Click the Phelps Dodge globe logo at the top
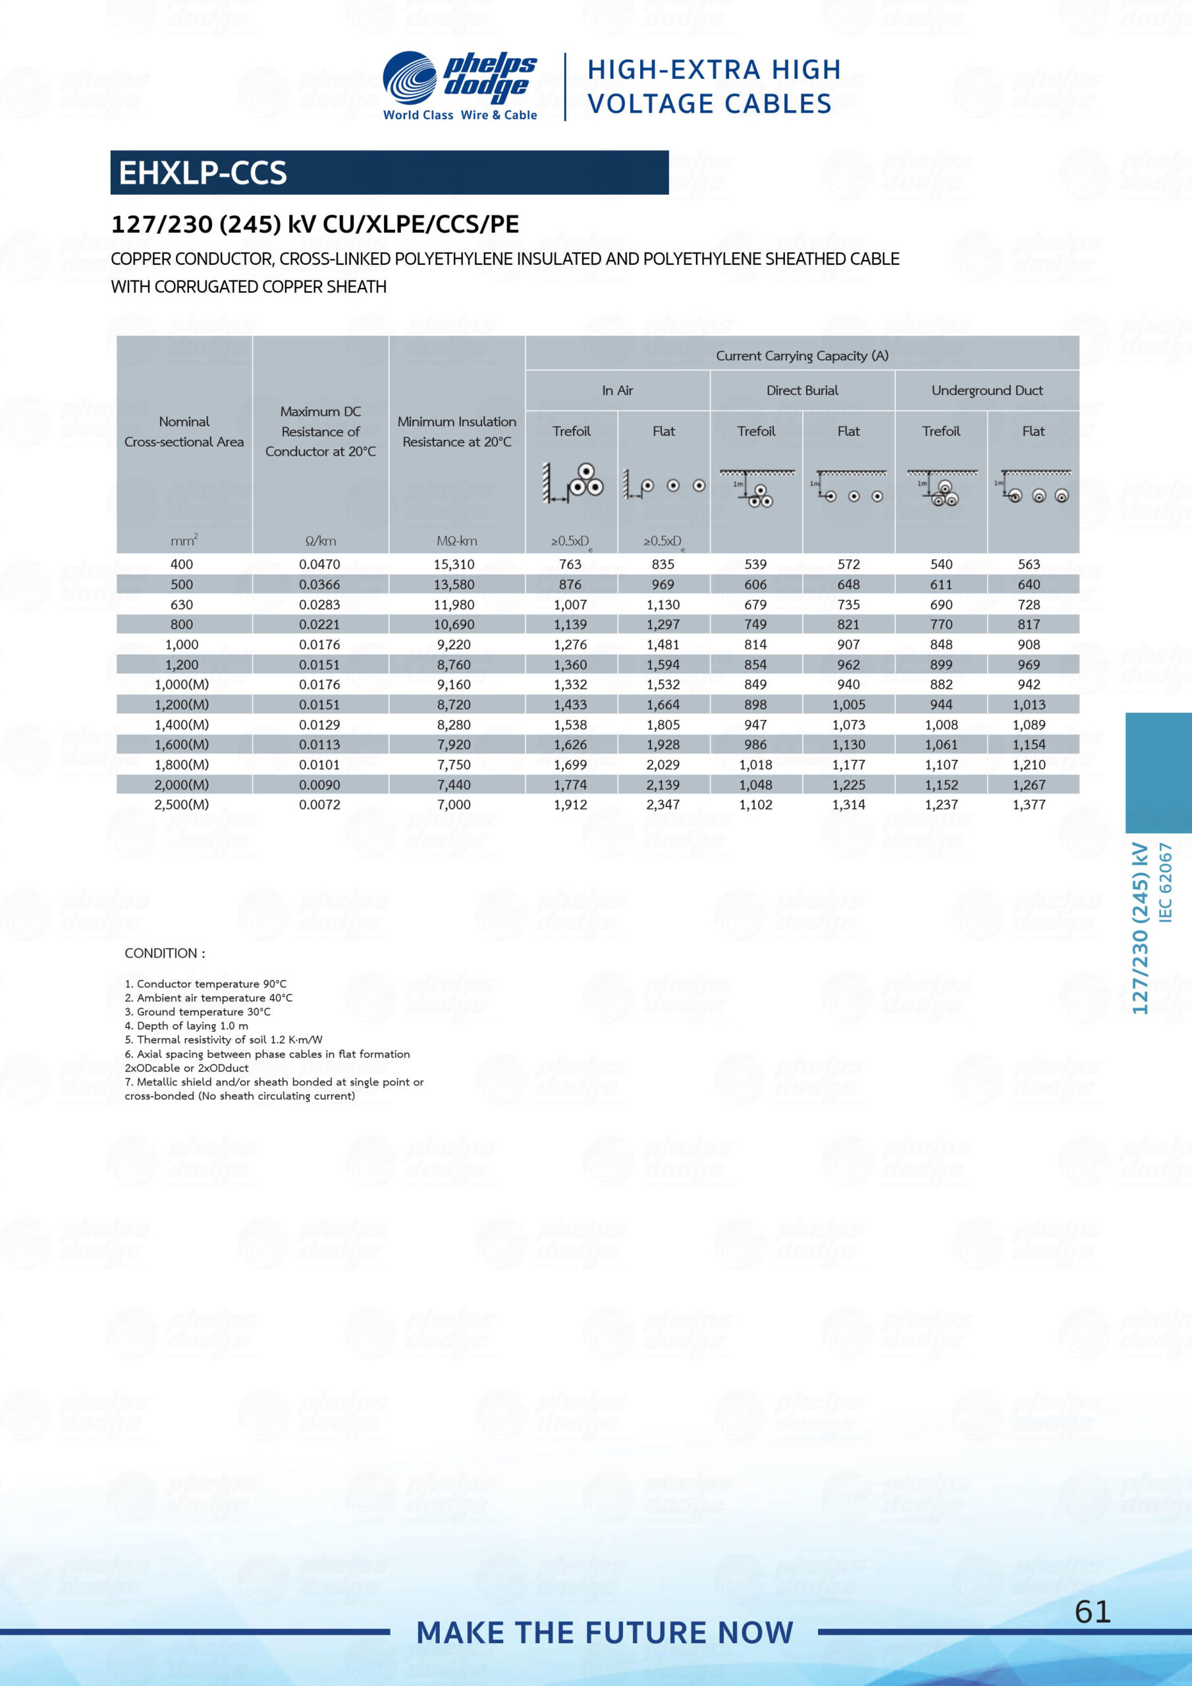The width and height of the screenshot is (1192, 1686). pos(409,77)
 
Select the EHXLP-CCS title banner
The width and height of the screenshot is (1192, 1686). pos(389,173)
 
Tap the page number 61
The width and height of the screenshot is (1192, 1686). pos(1092,1612)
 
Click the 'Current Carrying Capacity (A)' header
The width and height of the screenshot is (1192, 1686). pos(802,356)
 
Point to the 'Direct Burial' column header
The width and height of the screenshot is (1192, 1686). pos(802,391)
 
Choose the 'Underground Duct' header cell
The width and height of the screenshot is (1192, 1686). pos(987,391)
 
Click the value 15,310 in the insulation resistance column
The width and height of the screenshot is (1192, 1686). pos(454,564)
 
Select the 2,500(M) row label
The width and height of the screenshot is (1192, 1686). pos(181,804)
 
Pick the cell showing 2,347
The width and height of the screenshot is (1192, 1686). pos(663,804)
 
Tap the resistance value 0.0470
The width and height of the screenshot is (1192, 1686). pos(319,564)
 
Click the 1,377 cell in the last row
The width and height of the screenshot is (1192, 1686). pos(1028,804)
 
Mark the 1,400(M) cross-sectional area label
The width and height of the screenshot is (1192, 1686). pos(181,724)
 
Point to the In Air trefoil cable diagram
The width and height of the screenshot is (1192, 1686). pos(573,483)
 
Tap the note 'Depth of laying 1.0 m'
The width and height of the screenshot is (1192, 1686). pos(186,1026)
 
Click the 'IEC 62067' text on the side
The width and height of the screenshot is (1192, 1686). pos(1165,881)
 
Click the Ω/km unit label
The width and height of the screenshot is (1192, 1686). pos(320,541)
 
